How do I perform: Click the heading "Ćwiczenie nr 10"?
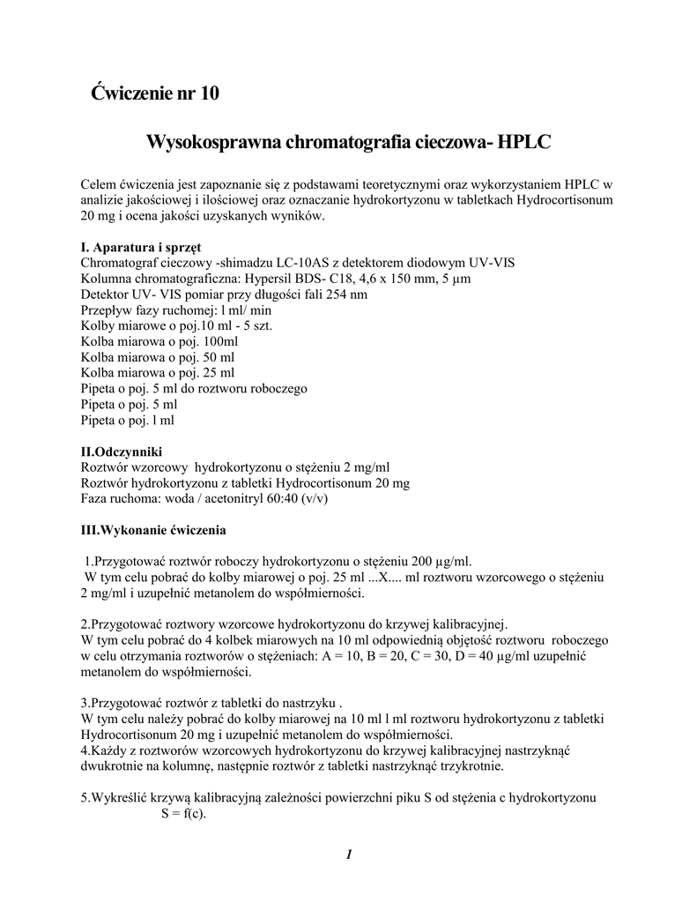[155, 93]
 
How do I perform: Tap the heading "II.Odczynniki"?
[122, 451]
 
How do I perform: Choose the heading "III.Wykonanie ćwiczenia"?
[153, 531]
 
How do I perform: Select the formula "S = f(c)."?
[182, 813]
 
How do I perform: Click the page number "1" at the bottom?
[349, 854]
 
